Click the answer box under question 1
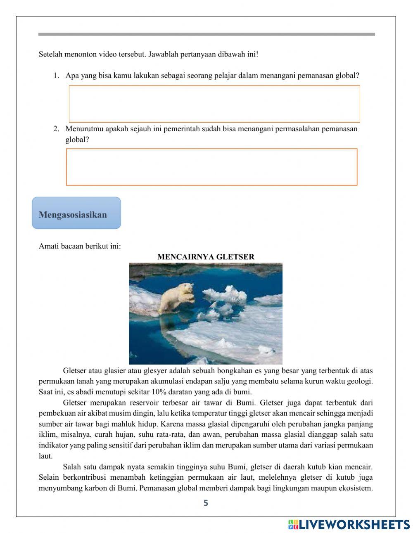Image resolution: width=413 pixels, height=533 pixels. click(214, 104)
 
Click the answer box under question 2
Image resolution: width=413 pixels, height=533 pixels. click(211, 167)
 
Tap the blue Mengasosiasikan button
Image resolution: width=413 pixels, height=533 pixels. click(76, 213)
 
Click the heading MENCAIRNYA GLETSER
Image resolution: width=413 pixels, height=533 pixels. click(206, 257)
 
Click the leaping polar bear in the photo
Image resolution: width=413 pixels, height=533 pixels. click(177, 297)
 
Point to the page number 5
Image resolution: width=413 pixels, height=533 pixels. click(206, 503)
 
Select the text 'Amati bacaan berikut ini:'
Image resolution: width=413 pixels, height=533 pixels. click(80, 246)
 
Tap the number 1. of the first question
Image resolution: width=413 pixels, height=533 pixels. click(57, 76)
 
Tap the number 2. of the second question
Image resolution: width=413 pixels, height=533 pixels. click(57, 128)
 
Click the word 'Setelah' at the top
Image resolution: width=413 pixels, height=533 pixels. click(50, 54)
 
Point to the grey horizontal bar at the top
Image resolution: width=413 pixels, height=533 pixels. click(206, 34)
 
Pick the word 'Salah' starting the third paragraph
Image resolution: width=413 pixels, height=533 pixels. click(72, 467)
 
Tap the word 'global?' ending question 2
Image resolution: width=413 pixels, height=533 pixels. click(77, 139)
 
